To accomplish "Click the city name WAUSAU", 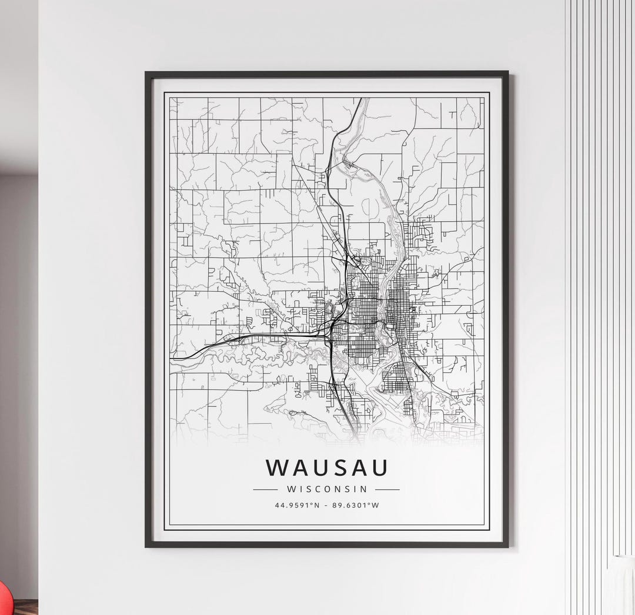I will coord(327,467).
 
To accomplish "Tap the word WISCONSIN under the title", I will coord(327,489).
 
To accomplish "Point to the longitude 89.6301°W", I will coord(355,504).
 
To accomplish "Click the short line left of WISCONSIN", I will coord(265,489).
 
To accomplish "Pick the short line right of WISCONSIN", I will coord(387,489).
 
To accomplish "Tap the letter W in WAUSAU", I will coord(278,467).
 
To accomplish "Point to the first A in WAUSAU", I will coord(300,467).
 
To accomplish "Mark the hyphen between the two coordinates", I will coord(327,504).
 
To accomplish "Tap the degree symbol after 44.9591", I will coord(314,503).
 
